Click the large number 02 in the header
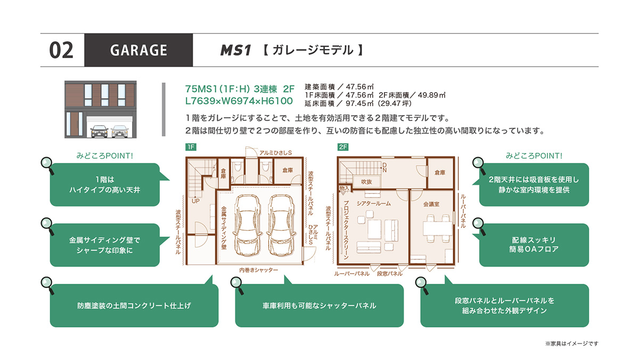click(x=61, y=50)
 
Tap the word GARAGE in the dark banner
click(x=138, y=50)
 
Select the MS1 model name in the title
click(x=235, y=50)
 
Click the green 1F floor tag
click(x=191, y=147)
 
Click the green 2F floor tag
click(x=342, y=147)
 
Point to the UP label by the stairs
click(x=196, y=201)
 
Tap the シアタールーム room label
click(x=374, y=203)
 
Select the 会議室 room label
click(x=431, y=204)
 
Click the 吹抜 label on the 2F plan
click(x=366, y=182)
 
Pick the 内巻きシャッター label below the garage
click(x=258, y=270)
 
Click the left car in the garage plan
click(x=247, y=225)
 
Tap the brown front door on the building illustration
click(x=75, y=124)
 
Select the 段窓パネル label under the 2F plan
click(x=390, y=274)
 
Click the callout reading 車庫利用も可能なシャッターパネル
click(x=319, y=305)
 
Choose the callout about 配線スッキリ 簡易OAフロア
click(x=534, y=245)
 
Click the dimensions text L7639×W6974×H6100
click(x=239, y=101)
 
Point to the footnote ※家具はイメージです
click(x=572, y=343)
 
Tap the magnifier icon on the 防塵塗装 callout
click(x=47, y=285)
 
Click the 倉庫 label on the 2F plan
click(x=440, y=173)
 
